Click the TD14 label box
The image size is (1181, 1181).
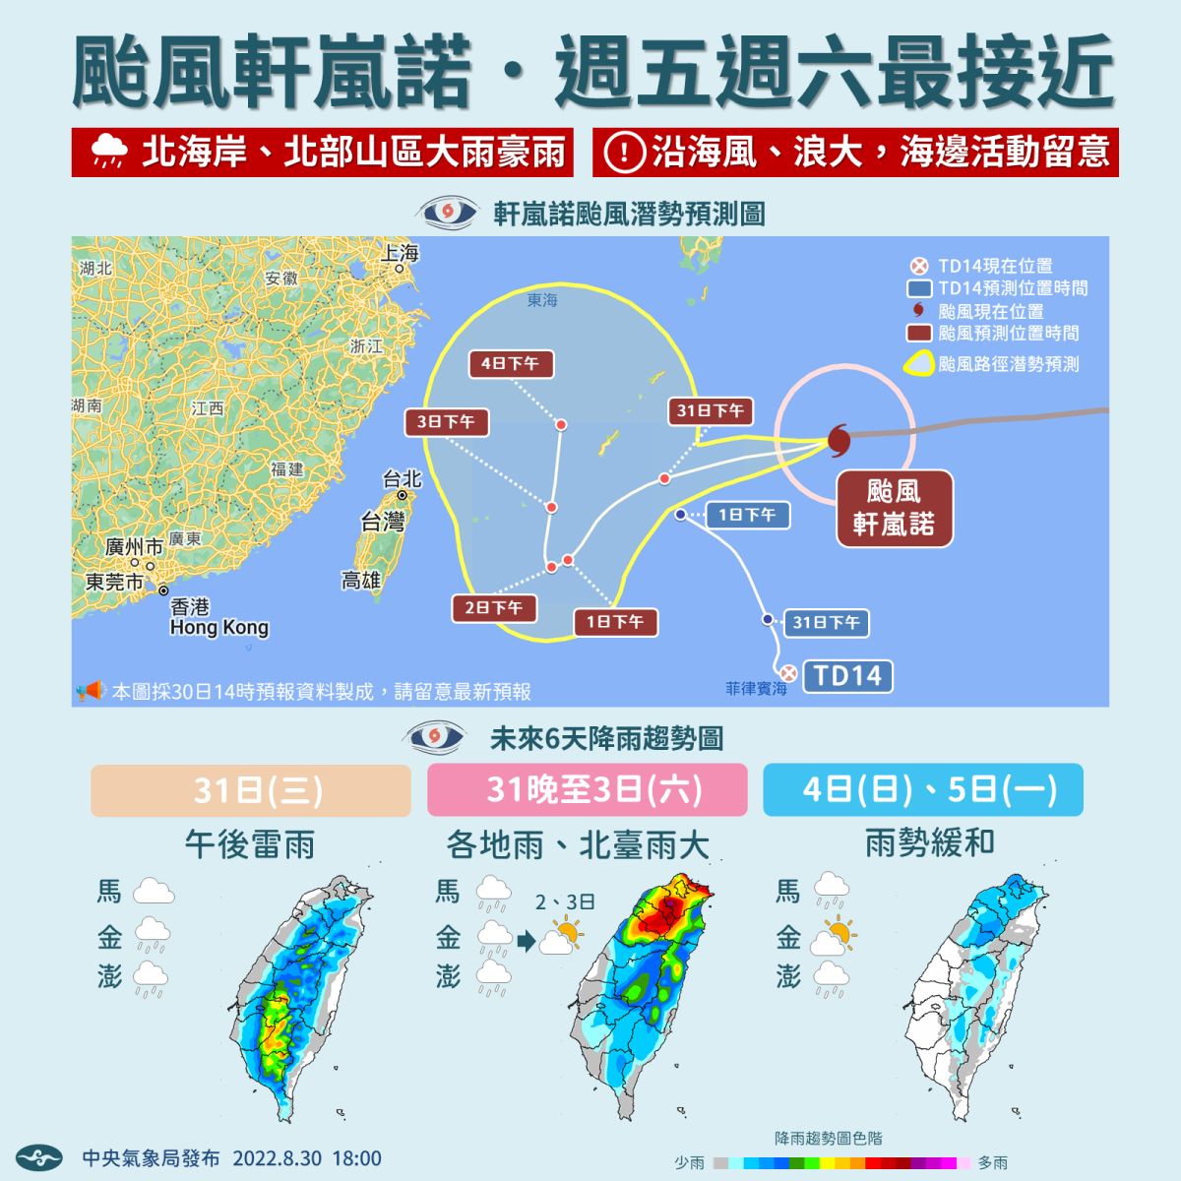(847, 676)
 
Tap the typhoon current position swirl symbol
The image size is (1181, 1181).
(839, 439)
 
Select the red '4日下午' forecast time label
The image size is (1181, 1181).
(510, 363)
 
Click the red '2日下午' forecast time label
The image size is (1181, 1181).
(494, 607)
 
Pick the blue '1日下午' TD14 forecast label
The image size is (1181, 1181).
(747, 515)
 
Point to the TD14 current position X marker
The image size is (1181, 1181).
(788, 673)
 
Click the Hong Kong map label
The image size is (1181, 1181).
(218, 627)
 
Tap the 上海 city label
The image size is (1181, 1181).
(401, 253)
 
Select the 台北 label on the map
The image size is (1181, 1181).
(402, 479)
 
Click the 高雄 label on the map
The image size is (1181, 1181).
(360, 581)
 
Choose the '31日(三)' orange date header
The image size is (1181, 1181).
(250, 790)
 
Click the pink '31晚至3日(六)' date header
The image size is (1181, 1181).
(587, 790)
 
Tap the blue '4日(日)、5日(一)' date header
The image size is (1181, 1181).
(922, 789)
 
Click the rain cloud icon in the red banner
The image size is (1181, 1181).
(108, 152)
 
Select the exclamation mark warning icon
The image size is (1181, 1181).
(624, 152)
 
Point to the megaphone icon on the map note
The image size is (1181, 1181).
(91, 691)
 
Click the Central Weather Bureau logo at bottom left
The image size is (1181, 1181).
(38, 1158)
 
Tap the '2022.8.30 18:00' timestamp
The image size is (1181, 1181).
(306, 1158)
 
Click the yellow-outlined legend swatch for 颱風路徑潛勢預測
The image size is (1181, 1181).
(918, 364)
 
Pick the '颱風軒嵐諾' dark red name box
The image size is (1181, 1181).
(894, 508)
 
